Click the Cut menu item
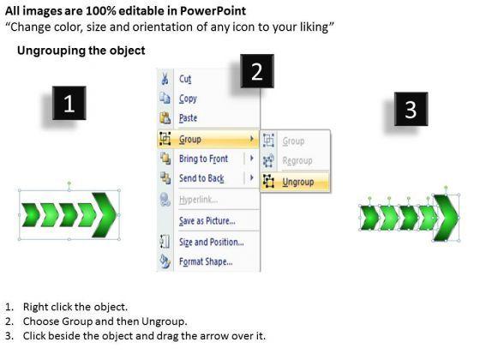click(185, 79)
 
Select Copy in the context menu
click(188, 99)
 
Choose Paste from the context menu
click(188, 118)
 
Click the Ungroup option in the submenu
click(298, 182)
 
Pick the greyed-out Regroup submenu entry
click(297, 160)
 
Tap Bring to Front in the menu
click(204, 159)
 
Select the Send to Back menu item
click(201, 178)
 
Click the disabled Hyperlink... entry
click(198, 200)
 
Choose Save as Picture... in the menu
click(207, 221)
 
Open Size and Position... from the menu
click(212, 242)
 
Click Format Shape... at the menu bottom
click(206, 261)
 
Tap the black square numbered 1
click(69, 103)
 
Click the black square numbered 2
click(257, 71)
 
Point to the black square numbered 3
click(411, 109)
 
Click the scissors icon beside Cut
click(165, 78)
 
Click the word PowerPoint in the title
click(213, 11)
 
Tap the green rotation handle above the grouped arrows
click(69, 183)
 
